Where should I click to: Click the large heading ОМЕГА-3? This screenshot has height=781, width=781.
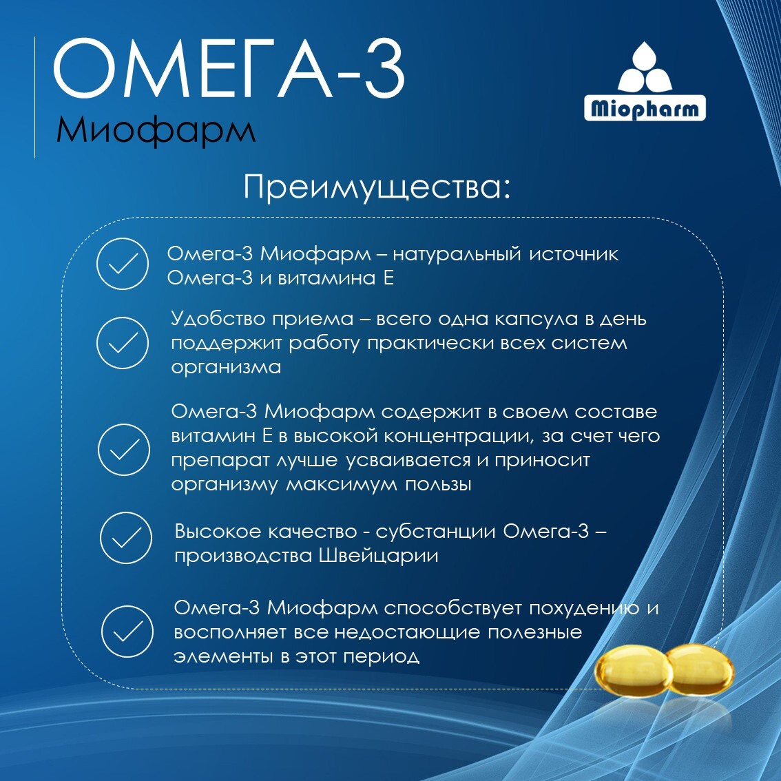229,70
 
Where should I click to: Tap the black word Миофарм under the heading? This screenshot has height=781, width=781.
156,130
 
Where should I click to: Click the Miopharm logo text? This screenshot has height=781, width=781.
645,109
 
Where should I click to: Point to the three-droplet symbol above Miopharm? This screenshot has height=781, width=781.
645,67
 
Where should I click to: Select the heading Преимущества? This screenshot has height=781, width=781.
377,188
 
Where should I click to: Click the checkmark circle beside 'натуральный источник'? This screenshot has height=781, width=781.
123,264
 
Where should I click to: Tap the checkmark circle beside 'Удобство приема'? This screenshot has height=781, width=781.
123,343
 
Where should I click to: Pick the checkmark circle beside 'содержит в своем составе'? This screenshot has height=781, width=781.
123,449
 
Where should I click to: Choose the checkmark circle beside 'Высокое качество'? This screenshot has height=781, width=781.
126,537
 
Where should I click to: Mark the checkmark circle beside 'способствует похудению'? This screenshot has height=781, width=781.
127,632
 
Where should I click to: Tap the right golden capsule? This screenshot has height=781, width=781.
700,669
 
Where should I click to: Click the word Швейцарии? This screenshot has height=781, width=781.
378,556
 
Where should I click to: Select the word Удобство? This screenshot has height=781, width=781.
217,318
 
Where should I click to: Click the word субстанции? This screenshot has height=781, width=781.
436,532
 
